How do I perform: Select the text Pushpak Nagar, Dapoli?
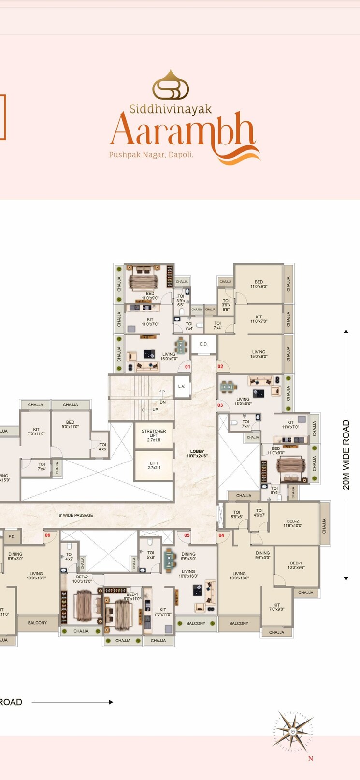pyautogui.click(x=151, y=155)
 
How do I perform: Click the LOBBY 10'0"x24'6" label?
pyautogui.click(x=197, y=454)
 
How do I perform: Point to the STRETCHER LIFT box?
pyautogui.click(x=154, y=435)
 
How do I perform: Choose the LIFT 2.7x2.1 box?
pyautogui.click(x=154, y=465)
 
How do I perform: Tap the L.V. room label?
pyautogui.click(x=182, y=386)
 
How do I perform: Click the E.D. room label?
pyautogui.click(x=203, y=344)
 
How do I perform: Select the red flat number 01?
pyautogui.click(x=187, y=367)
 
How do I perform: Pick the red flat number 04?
pyautogui.click(x=221, y=535)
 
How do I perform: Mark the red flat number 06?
pyautogui.click(x=47, y=535)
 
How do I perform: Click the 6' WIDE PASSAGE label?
pyautogui.click(x=76, y=515)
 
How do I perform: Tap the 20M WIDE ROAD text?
pyautogui.click(x=346, y=455)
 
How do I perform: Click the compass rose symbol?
pyautogui.click(x=293, y=732)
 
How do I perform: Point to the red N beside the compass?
pyautogui.click(x=310, y=758)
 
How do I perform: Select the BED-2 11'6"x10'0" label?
pyautogui.click(x=292, y=523)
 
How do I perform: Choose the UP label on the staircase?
pyautogui.click(x=155, y=410)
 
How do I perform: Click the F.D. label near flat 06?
pyautogui.click(x=12, y=536)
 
